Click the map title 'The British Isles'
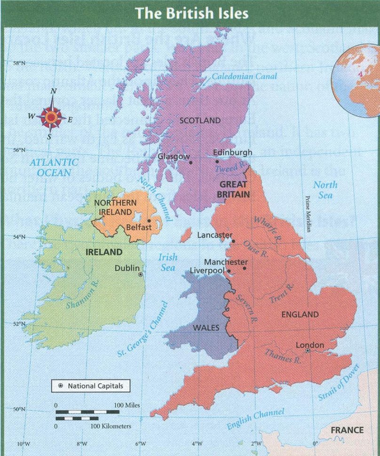click(191, 13)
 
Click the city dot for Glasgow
click(190, 162)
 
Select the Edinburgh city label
click(232, 152)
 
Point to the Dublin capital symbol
click(140, 274)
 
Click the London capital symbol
click(308, 351)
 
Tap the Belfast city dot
click(149, 220)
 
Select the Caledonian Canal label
click(244, 76)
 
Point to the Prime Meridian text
click(308, 214)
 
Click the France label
click(347, 430)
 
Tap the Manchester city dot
click(245, 268)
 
